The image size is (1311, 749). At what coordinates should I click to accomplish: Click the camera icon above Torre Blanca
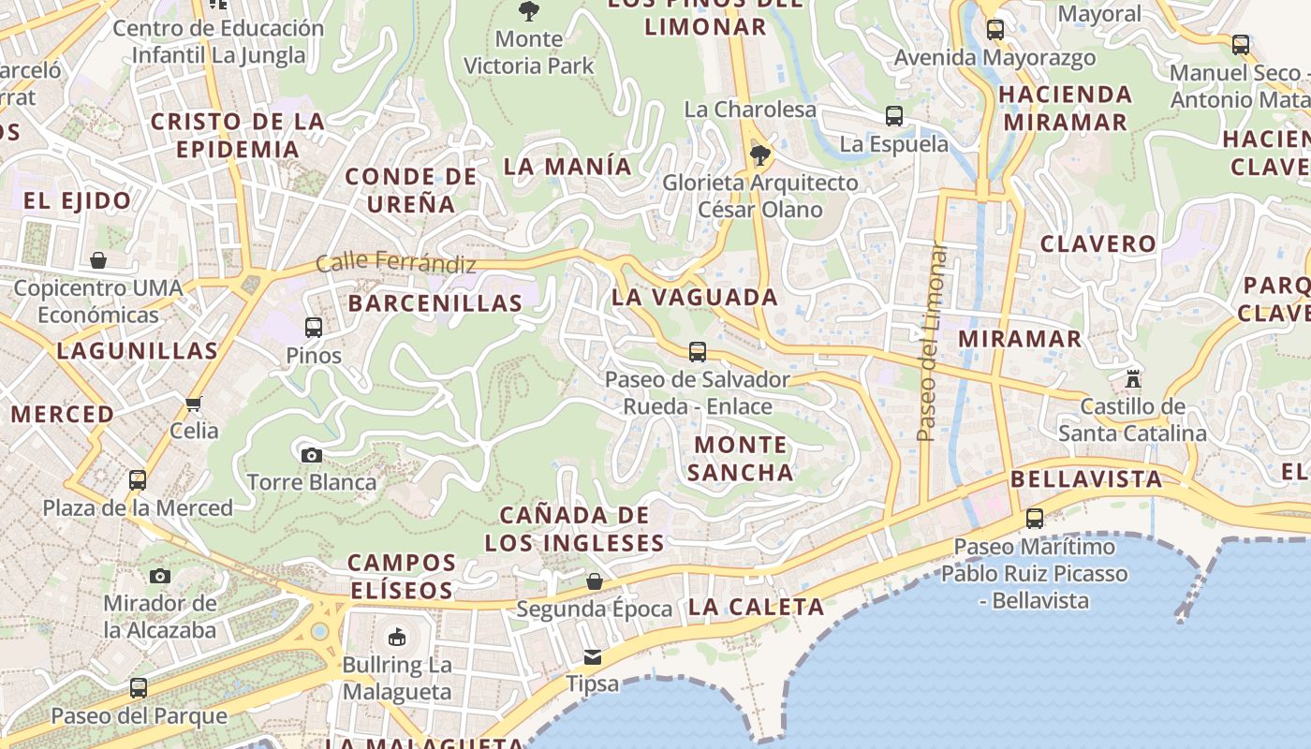[x=312, y=455]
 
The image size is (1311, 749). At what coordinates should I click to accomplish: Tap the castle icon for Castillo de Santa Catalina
[x=1133, y=379]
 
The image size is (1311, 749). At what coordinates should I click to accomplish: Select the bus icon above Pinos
[x=314, y=328]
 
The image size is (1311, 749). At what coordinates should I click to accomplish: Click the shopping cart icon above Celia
[x=194, y=404]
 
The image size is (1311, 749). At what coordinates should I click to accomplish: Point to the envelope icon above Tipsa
[x=593, y=656]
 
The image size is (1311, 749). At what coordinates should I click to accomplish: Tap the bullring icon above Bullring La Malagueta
[x=397, y=637]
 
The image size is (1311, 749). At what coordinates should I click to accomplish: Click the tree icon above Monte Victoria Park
[x=529, y=11]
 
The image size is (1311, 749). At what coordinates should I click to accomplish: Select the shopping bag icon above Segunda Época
[x=594, y=581]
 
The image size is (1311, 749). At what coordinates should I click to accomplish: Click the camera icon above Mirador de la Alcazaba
[x=160, y=575]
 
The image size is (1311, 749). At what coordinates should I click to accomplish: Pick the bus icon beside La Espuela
[x=894, y=116]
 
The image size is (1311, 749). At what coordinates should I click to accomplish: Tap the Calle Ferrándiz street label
[x=396, y=263]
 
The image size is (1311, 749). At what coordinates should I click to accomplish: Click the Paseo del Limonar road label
[x=931, y=343]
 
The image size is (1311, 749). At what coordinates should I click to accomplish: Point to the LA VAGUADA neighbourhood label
[x=695, y=298]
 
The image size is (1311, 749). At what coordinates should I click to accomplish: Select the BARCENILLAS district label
[x=435, y=303]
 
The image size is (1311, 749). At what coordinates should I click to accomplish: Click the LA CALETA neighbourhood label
[x=757, y=607]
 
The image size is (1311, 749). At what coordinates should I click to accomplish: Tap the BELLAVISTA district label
[x=1086, y=479]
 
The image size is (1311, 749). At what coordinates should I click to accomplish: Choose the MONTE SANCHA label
[x=741, y=458]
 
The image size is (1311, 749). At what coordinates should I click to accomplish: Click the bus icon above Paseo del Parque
[x=139, y=688]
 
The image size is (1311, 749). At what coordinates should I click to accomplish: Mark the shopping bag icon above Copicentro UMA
[x=98, y=259]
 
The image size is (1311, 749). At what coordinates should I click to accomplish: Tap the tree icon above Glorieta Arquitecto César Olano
[x=760, y=154]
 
